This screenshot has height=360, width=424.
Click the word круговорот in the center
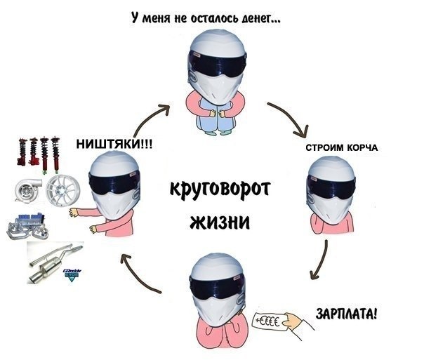click(x=220, y=190)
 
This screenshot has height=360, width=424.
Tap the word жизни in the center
click(x=220, y=222)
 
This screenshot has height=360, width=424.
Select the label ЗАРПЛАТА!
click(x=347, y=311)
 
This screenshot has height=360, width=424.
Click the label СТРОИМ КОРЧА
click(x=342, y=149)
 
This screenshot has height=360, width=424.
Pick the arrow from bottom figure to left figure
click(x=140, y=274)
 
